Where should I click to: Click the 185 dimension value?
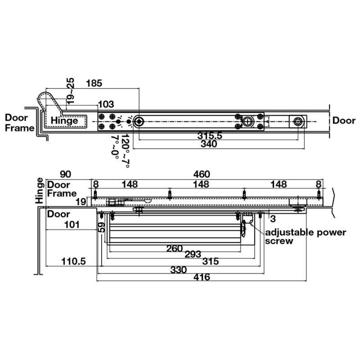point(94,83)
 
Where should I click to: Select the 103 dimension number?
point(106,104)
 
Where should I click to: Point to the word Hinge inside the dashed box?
point(64,121)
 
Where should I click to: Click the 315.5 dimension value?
point(210,135)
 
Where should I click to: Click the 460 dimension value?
point(202,174)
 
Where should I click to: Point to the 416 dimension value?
point(202,277)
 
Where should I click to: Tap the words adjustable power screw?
point(305,237)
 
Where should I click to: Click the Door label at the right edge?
point(344,121)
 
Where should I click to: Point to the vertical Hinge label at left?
point(40,189)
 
